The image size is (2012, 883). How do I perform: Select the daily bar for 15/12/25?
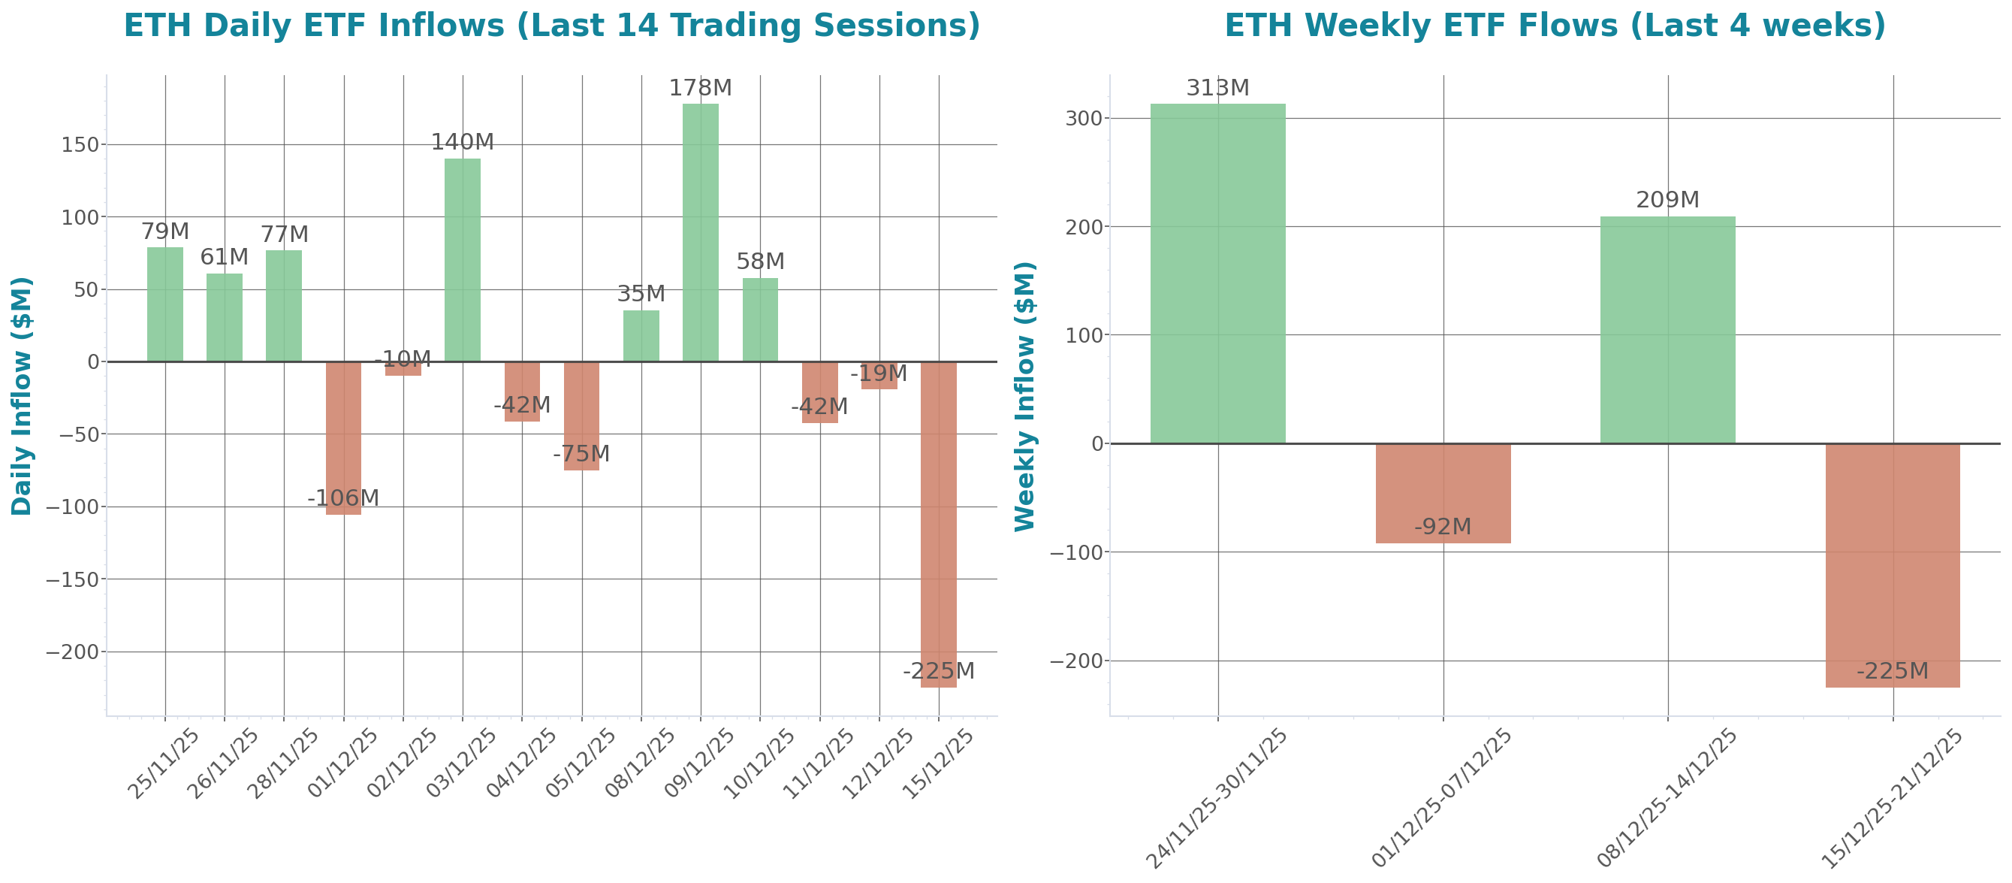tap(938, 524)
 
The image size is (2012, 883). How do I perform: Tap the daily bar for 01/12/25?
tap(343, 437)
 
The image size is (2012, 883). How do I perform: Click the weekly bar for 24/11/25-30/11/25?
tap(1217, 274)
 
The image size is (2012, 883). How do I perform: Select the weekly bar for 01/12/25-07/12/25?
tap(1443, 493)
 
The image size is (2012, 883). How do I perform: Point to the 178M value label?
tap(700, 89)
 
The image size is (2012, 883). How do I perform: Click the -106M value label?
tap(343, 497)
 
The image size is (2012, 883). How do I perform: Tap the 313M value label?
tap(1217, 89)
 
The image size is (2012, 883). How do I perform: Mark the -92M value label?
tap(1443, 528)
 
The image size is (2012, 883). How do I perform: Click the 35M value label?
tap(641, 294)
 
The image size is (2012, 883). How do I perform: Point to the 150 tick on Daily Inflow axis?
tap(80, 144)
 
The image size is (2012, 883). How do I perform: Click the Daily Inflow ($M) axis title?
tap(22, 395)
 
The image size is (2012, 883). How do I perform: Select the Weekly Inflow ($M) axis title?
tap(1024, 395)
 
